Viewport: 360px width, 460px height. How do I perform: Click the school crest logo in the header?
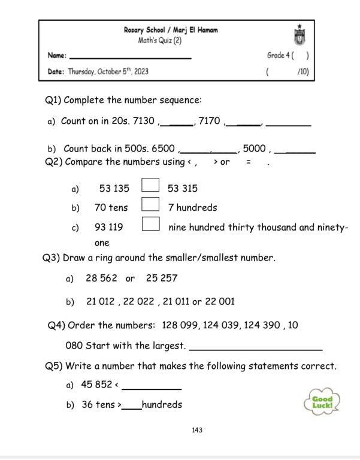(x=298, y=35)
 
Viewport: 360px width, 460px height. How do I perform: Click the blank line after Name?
(x=131, y=57)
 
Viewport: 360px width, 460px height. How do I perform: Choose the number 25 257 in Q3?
(x=162, y=279)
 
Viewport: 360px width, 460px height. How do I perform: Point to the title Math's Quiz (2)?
(x=161, y=41)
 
